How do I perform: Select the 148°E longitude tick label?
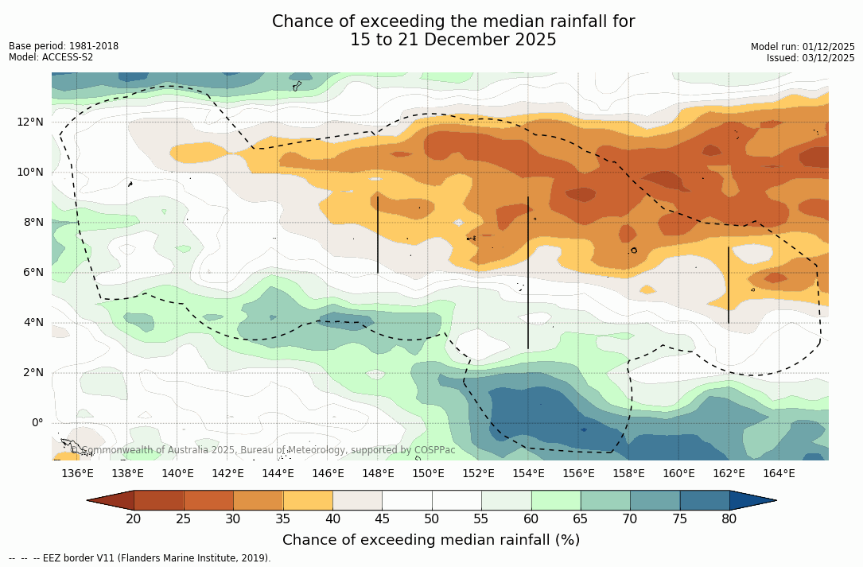378,474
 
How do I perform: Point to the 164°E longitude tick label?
779,474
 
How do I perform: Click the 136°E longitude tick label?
77,474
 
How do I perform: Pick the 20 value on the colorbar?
134,519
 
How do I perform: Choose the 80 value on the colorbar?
729,519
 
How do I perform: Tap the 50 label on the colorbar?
431,519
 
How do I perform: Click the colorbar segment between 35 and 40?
308,500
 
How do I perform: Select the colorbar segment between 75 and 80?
705,500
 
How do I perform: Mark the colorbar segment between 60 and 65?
556,500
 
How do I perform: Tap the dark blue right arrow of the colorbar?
752,500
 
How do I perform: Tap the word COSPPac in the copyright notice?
435,450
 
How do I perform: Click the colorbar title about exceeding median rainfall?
431,540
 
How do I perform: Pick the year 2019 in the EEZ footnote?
255,558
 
